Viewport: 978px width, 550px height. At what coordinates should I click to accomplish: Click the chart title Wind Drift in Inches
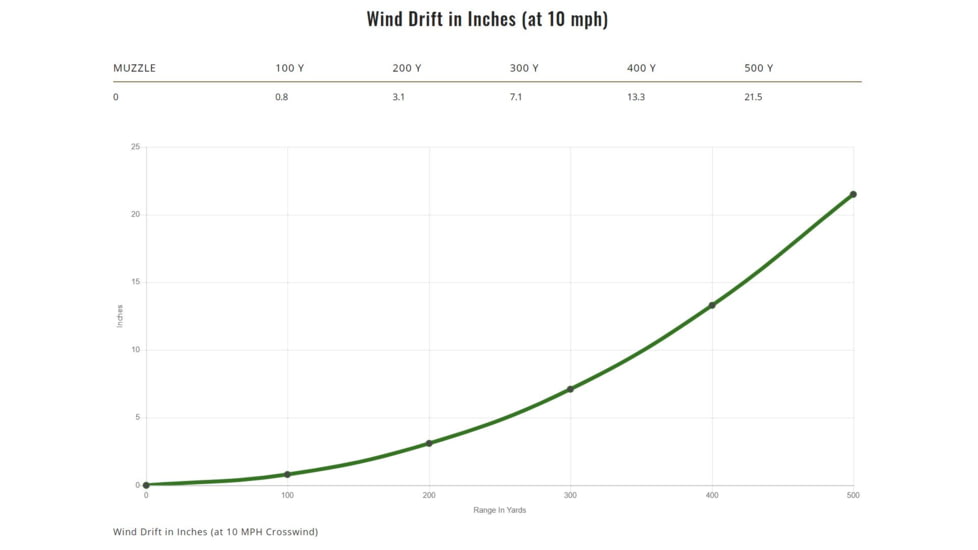[x=487, y=19]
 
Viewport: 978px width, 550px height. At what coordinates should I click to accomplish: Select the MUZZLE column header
[x=134, y=68]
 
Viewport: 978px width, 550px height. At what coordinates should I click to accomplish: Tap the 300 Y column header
[x=524, y=68]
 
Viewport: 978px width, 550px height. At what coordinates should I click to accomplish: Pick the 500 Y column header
[x=758, y=68]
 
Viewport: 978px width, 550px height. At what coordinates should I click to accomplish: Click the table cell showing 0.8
[x=282, y=97]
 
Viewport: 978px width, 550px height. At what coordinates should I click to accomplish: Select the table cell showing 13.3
[x=636, y=97]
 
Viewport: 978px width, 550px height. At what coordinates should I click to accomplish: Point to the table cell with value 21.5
[x=753, y=97]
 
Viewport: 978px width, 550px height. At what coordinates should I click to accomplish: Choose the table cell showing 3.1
[x=399, y=97]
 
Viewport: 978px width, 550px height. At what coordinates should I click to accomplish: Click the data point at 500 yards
[x=853, y=194]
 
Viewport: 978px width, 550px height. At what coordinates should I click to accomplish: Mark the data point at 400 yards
[x=712, y=305]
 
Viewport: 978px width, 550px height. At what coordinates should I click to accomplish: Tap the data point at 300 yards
[x=570, y=389]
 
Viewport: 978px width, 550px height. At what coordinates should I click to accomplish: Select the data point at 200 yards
[x=429, y=443]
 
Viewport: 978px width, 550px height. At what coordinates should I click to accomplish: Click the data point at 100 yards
[x=287, y=474]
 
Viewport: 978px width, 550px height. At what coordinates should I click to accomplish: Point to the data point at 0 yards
[x=146, y=485]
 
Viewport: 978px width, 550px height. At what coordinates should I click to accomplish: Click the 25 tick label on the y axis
[x=135, y=147]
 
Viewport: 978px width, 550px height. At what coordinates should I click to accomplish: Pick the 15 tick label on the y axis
[x=135, y=282]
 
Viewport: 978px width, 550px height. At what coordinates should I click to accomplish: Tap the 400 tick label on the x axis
[x=712, y=495]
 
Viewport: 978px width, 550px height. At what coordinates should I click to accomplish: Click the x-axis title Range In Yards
[x=499, y=510]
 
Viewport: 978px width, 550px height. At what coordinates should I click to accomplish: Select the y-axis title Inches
[x=120, y=316]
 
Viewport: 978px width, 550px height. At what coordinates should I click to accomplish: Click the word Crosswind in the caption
[x=290, y=532]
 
